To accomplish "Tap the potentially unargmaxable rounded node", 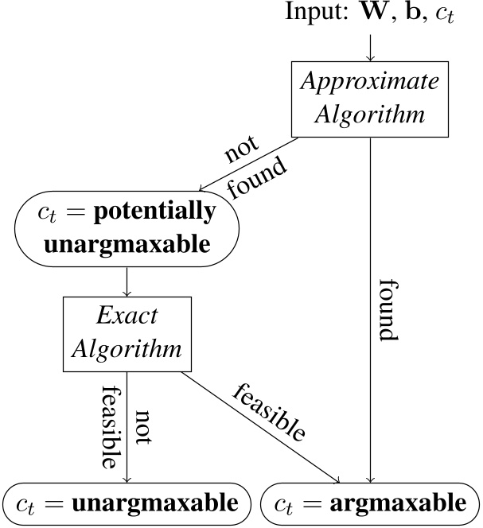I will coord(127,227).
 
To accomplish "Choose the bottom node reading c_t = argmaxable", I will coord(370,503).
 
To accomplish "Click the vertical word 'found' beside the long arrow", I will coord(388,310).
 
